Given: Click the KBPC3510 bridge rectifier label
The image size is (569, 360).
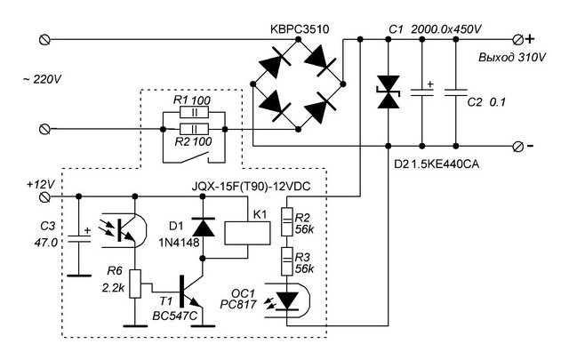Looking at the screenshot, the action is tap(300, 28).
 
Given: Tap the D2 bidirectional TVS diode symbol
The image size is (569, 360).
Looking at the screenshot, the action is tap(389, 92).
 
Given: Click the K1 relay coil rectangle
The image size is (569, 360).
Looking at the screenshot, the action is tap(247, 234).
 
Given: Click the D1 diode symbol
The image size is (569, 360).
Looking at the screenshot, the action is tap(203, 228).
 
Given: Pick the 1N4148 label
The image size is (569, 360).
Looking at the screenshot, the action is tap(179, 242).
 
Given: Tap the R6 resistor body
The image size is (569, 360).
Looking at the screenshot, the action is tap(135, 284).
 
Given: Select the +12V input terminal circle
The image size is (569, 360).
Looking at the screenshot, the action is tap(44, 196).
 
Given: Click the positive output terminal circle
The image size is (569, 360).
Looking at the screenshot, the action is tap(518, 39).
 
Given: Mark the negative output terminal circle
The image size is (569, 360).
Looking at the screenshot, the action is tap(518, 147).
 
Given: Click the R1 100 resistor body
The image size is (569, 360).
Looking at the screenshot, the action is tap(194, 113).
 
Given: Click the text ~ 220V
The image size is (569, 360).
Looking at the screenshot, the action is tap(43, 79).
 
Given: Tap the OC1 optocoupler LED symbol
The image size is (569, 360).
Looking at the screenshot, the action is tap(286, 300).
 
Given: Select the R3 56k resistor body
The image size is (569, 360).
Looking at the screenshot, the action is tap(287, 261).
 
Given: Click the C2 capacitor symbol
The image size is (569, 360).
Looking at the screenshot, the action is tap(456, 92).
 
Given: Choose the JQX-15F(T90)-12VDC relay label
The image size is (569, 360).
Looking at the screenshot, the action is tap(251, 187).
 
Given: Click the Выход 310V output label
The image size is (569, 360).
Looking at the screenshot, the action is tap(512, 58).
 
